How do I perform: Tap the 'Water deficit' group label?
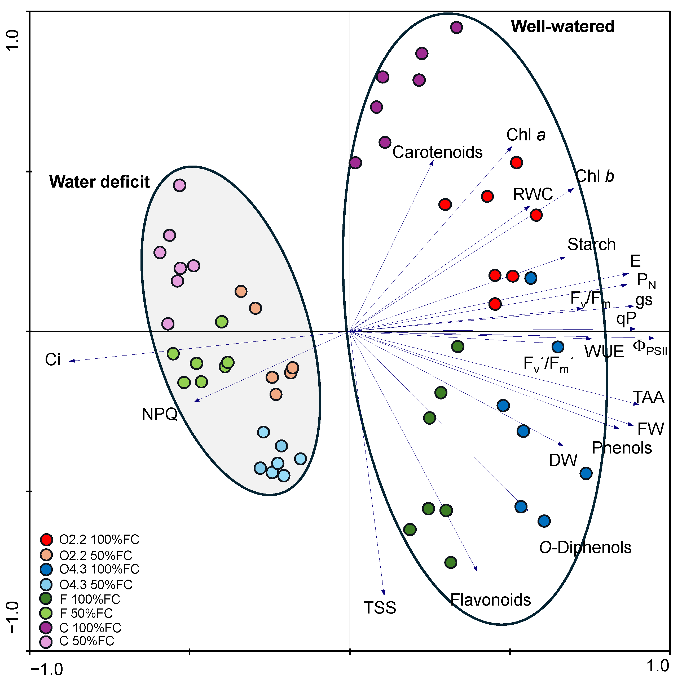pyautogui.click(x=100, y=182)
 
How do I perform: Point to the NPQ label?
pyautogui.click(x=160, y=414)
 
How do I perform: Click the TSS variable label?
pyautogui.click(x=380, y=608)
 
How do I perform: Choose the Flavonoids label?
pyautogui.click(x=490, y=600)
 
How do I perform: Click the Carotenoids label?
pyautogui.click(x=437, y=152)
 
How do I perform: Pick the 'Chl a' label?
pyautogui.click(x=526, y=135)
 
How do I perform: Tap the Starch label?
pyautogui.click(x=591, y=245)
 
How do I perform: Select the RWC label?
pyautogui.click(x=533, y=194)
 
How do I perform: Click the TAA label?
pyautogui.click(x=648, y=397)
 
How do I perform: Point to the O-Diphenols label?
pyautogui.click(x=585, y=548)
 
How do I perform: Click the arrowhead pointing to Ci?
pyautogui.click(x=70, y=361)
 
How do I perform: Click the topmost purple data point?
pyautogui.click(x=456, y=27)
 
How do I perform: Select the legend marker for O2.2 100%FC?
pyautogui.click(x=46, y=540)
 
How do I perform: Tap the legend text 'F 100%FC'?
pyautogui.click(x=90, y=599)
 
